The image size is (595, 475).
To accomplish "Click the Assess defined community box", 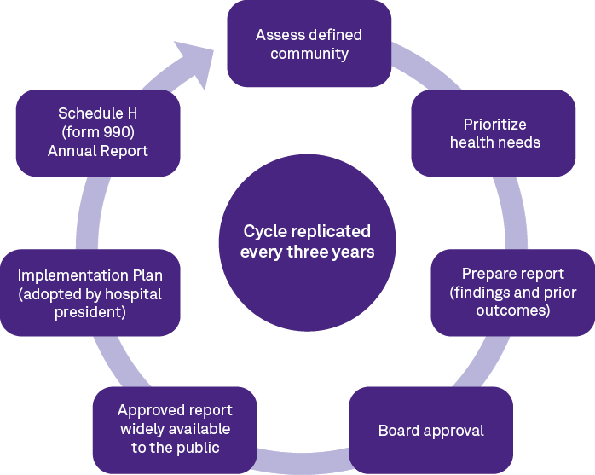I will point(309,43).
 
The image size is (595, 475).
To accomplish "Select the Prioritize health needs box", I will point(494,133).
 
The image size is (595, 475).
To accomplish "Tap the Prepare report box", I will point(512,293).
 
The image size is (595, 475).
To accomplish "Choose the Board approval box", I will point(430,430).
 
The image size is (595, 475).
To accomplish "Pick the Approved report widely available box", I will point(175,430).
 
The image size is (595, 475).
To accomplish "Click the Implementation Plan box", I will point(90,293).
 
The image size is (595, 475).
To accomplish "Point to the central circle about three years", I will point(307,241).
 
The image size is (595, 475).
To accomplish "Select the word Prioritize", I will point(495,125).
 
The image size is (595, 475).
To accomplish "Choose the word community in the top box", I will point(309,54).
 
